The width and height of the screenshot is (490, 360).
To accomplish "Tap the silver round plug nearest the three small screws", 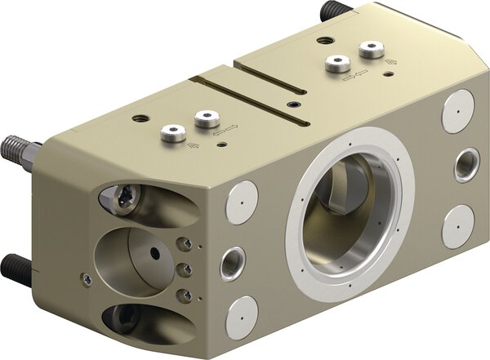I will (x=242, y=202).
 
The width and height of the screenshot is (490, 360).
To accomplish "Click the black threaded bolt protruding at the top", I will (x=331, y=11).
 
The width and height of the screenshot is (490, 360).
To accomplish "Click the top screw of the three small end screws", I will (x=187, y=243).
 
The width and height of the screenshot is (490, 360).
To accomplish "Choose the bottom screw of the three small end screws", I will (x=187, y=295).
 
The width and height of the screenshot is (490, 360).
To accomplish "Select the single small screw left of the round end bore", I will (x=87, y=278).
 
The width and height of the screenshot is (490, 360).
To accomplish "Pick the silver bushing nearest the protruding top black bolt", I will (x=372, y=51).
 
